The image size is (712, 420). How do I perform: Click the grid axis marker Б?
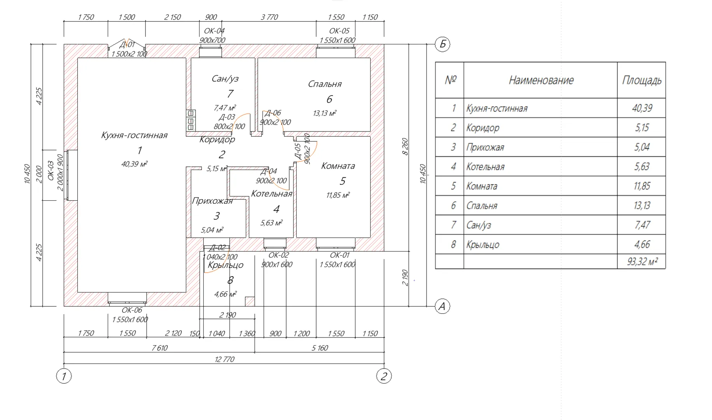(x=442, y=44)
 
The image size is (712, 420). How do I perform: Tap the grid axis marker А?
(x=442, y=306)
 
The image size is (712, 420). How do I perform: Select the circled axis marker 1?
(x=64, y=376)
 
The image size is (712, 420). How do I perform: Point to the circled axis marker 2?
(x=384, y=376)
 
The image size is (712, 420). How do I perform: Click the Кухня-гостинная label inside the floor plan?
(x=134, y=135)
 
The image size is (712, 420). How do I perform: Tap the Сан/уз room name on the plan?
(x=225, y=79)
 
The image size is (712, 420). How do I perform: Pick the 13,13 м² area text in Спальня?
(x=324, y=114)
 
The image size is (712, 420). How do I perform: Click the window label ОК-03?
(x=51, y=170)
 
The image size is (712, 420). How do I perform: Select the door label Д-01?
(x=127, y=45)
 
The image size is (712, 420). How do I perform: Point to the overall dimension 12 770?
(x=224, y=359)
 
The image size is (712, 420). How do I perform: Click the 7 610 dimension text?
(x=159, y=348)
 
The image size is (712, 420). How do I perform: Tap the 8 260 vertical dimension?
(x=405, y=147)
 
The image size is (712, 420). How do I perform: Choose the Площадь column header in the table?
(x=641, y=80)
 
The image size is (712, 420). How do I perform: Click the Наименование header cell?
(x=541, y=80)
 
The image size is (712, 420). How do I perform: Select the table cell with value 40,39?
(x=642, y=108)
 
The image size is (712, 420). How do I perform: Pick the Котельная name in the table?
(x=485, y=167)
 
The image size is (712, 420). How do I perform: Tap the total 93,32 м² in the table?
(x=642, y=261)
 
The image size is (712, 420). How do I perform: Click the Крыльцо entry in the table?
(x=483, y=245)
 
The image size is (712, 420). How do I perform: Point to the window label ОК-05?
(x=339, y=31)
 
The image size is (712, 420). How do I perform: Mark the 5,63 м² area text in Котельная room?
(x=271, y=223)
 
